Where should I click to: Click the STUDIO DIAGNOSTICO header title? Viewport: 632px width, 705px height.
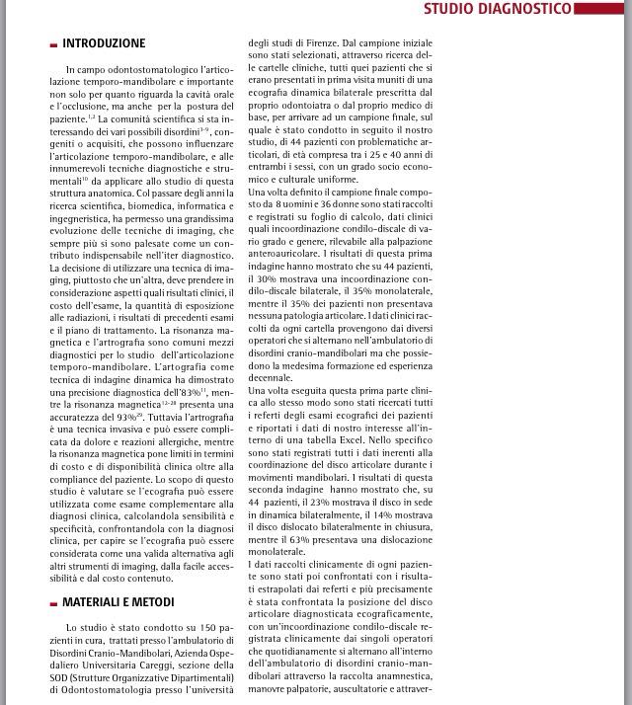tap(498, 9)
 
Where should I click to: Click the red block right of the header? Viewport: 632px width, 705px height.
tap(602, 9)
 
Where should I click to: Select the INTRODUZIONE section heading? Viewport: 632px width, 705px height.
tap(104, 43)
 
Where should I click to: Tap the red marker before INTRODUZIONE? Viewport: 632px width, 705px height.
tap(53, 44)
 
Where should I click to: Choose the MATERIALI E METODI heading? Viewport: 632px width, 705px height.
tap(118, 601)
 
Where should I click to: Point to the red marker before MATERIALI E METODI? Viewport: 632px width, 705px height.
tap(53, 602)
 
